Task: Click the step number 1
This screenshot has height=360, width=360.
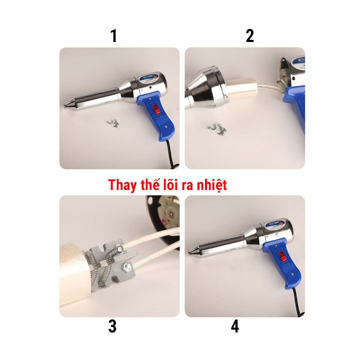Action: coord(114,36)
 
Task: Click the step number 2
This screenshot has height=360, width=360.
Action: coord(250,36)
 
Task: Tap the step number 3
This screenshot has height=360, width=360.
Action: coord(112,326)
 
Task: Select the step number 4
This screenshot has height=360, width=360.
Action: coord(235,326)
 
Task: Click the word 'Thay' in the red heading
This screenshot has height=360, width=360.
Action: coord(122,185)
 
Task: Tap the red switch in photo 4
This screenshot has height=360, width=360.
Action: coord(282,256)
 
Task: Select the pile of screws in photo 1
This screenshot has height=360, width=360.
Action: coord(113,122)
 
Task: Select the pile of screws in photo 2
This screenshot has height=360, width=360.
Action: coord(217,128)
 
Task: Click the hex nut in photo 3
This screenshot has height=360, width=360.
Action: coord(126,266)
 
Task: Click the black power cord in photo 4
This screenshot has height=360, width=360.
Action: coord(298,302)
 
